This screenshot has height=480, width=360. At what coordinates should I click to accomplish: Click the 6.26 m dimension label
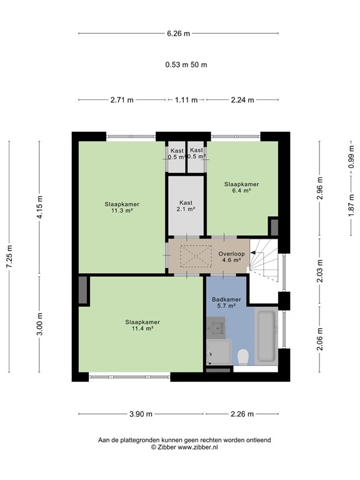point(178,34)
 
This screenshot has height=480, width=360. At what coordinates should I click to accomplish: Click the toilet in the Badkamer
point(243,357)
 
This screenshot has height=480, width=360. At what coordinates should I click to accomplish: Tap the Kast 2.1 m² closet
point(186,206)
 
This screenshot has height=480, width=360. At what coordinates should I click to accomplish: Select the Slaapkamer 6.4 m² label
point(241,187)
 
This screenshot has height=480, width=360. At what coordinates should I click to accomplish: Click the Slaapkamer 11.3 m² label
point(122,207)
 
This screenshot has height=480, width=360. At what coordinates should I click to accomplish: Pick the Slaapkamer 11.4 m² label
point(142,325)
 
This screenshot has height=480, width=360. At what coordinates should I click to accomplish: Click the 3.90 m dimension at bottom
point(141,414)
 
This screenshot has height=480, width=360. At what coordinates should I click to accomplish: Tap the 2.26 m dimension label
point(242,414)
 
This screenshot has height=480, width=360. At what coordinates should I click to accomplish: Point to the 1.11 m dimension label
point(186,100)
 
